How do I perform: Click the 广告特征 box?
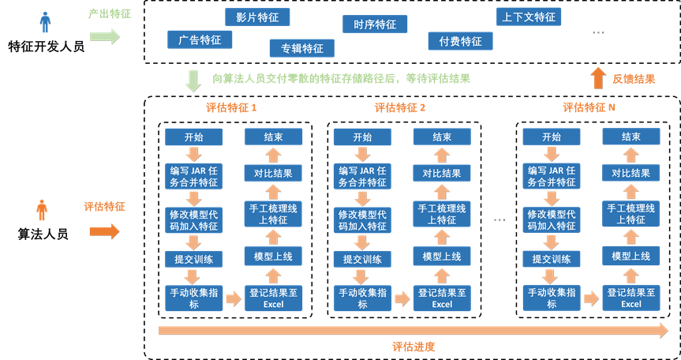click(x=200, y=39)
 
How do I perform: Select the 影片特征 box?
click(x=257, y=17)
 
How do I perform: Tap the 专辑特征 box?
click(x=301, y=48)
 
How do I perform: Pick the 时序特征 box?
click(x=375, y=24)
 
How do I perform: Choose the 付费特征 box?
click(x=460, y=41)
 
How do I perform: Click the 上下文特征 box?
click(x=529, y=17)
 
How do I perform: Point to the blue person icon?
click(x=45, y=22)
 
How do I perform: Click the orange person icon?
click(x=42, y=210)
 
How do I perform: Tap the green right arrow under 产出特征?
click(x=104, y=36)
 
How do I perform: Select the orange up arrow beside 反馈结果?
click(x=598, y=77)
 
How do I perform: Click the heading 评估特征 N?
click(x=589, y=107)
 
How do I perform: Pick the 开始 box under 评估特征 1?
click(x=194, y=137)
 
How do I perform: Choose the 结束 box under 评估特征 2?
click(x=442, y=137)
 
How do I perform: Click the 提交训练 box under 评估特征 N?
click(x=552, y=259)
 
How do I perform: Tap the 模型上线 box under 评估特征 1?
click(x=273, y=257)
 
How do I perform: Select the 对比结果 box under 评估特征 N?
click(x=630, y=173)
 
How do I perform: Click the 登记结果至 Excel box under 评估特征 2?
click(x=442, y=298)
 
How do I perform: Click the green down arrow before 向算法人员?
click(x=193, y=81)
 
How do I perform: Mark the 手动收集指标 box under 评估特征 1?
click(x=194, y=298)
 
